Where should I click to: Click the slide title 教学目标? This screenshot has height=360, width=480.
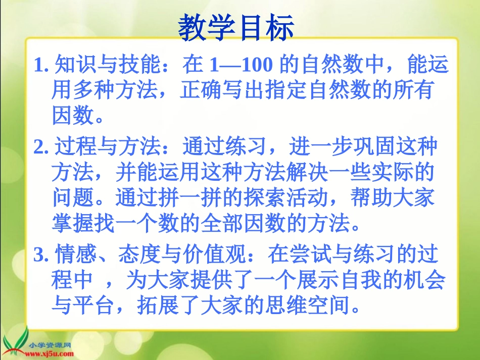(236, 28)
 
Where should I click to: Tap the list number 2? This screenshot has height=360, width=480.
(40, 147)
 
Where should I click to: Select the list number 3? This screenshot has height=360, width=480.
(40, 255)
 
